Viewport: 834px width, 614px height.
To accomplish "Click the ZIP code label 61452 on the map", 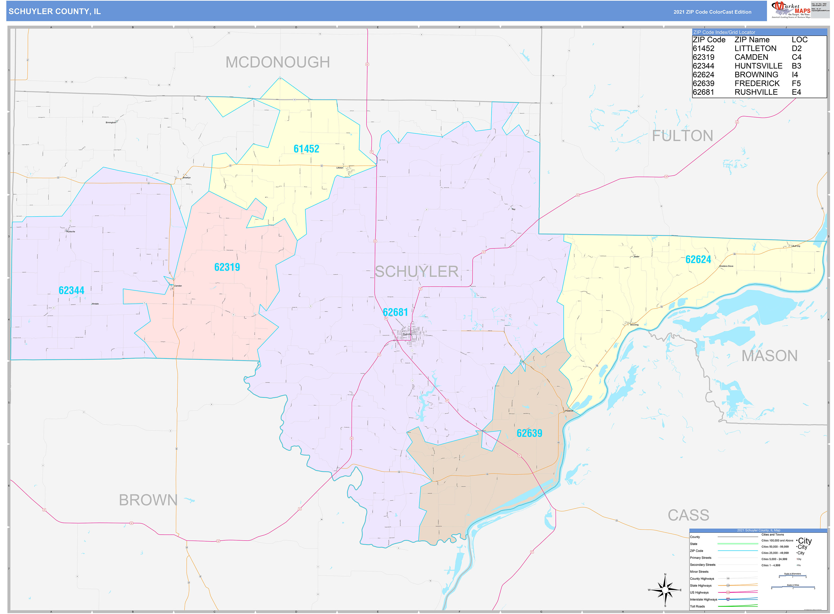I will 306,149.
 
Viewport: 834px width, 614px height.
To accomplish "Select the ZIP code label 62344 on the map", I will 71,290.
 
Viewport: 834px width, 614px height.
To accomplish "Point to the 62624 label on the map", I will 698,260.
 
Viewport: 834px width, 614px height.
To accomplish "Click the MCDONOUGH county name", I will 277,62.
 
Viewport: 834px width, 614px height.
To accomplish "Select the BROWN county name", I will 148,500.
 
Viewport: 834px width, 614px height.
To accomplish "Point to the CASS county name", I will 688,515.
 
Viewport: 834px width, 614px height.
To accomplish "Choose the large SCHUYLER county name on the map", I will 416,271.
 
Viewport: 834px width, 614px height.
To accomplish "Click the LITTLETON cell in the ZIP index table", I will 755,49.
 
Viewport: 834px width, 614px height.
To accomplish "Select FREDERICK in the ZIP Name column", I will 757,84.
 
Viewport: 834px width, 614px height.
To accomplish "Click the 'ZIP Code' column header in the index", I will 709,40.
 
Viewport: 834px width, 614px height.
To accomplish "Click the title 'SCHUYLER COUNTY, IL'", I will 55,12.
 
